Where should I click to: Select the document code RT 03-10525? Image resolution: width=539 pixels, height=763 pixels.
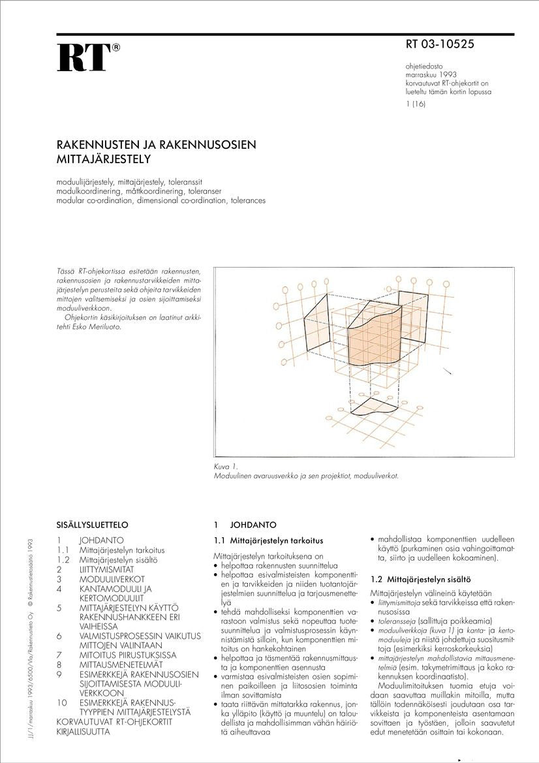(440, 45)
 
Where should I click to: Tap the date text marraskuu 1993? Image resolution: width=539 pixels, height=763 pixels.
(430, 75)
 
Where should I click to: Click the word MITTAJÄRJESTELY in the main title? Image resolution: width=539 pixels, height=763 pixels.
(104, 159)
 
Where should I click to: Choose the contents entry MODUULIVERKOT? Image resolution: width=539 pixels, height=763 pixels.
(112, 579)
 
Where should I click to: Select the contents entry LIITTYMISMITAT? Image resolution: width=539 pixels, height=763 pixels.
(106, 569)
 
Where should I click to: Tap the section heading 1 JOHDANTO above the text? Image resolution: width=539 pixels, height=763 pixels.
(245, 525)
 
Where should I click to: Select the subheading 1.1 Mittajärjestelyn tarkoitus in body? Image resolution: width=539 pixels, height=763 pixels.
(268, 540)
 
